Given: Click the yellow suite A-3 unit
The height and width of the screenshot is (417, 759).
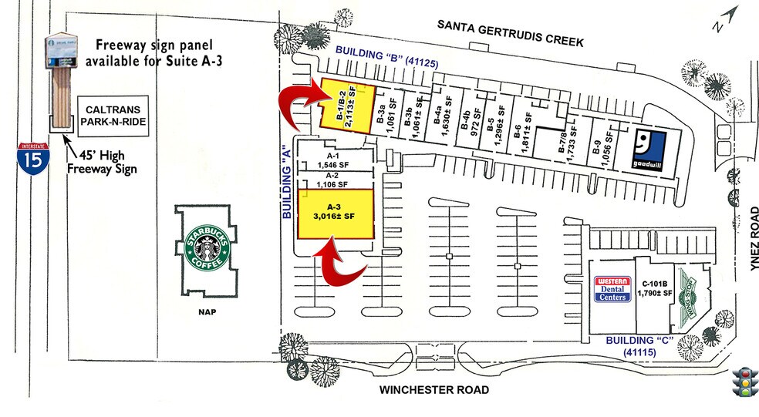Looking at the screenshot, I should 336,213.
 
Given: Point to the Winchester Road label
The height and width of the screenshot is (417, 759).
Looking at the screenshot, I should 433,390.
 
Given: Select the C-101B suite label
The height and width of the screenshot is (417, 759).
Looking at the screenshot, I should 653,288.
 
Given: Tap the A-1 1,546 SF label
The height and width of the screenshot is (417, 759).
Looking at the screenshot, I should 335,160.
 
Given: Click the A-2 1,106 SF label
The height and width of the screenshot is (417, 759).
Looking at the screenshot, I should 335,180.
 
